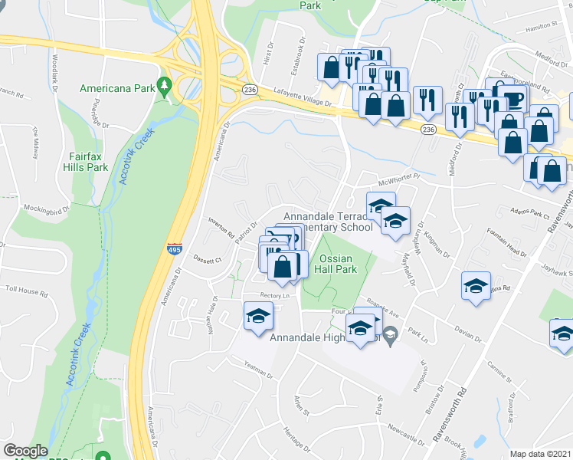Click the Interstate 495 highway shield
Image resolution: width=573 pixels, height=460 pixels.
click(174, 248)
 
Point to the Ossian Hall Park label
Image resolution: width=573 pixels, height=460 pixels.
click(338, 264)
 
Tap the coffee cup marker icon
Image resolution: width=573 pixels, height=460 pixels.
click(515, 99)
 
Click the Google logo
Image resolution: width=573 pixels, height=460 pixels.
click(25, 451)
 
